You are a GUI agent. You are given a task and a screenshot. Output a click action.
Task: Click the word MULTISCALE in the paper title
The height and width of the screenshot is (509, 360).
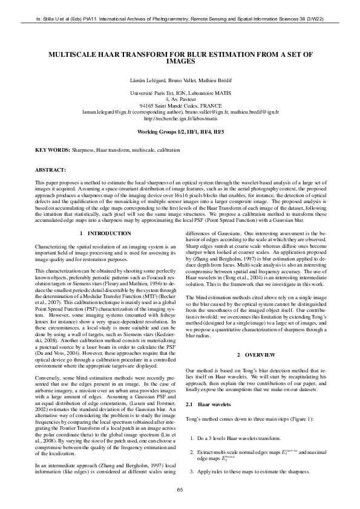coord(78,54)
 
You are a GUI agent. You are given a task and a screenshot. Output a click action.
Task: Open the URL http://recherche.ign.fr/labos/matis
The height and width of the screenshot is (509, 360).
coord(180,120)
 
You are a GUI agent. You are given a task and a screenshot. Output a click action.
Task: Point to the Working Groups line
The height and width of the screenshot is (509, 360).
coord(180,131)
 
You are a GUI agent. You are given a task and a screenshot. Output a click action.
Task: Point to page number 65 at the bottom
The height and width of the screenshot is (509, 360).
coord(180,490)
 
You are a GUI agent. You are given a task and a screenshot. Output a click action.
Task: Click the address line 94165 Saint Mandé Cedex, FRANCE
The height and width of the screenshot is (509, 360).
coord(180,106)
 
